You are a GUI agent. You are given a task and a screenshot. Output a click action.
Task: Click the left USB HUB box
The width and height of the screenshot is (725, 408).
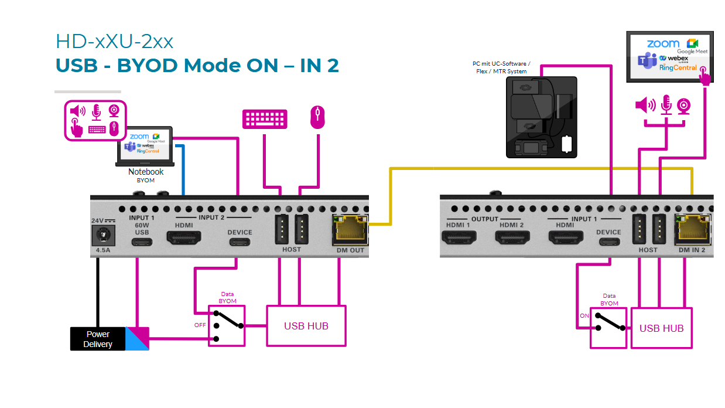coord(306,325)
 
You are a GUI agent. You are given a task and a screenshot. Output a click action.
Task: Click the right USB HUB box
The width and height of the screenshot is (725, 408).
coord(661,328)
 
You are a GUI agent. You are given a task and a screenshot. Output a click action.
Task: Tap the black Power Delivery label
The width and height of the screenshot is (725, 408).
coord(98,339)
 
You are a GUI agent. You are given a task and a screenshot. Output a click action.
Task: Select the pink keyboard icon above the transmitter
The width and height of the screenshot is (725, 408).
coord(265,118)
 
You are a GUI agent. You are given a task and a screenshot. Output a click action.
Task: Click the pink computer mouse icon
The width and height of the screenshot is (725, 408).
coord(317,117)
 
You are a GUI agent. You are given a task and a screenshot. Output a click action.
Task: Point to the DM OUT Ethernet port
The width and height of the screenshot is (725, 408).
coord(350,230)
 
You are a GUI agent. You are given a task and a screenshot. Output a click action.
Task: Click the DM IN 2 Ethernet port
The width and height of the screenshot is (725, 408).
coord(692,230)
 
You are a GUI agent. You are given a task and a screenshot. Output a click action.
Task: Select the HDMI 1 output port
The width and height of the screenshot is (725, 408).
coord(459,237)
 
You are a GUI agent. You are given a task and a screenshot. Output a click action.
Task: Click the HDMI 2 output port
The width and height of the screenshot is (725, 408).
coord(512,237)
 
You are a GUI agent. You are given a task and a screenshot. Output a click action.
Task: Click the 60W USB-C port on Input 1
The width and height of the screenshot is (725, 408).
coord(142,241)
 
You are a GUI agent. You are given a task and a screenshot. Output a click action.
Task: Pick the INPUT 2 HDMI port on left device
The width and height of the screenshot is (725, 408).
coord(184,237)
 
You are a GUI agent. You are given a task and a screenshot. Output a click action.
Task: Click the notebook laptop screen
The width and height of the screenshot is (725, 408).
coord(145,145)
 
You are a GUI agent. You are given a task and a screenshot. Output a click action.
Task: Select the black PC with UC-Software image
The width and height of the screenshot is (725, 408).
coord(541,117)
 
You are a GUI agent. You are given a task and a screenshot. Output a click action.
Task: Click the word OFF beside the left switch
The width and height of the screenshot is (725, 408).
coord(200,325)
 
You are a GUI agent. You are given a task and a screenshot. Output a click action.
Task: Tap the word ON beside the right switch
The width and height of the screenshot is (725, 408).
coord(584,315)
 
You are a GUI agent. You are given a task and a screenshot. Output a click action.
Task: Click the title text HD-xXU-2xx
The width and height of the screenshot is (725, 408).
coord(114,42)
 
